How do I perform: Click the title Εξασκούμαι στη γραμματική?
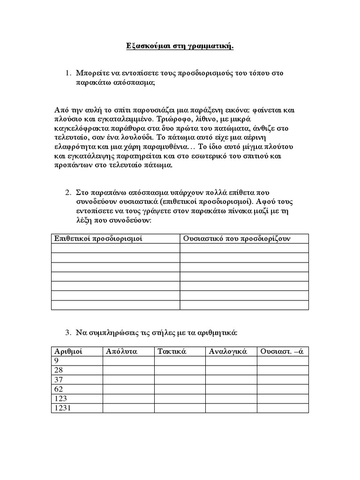click(x=180, y=46)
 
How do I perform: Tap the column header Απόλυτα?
click(x=121, y=351)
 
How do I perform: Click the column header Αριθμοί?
click(x=68, y=351)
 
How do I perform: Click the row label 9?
click(x=57, y=360)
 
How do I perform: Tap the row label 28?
click(x=59, y=370)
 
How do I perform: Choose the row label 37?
click(x=59, y=380)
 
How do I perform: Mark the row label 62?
click(x=59, y=389)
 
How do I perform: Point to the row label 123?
click(x=60, y=398)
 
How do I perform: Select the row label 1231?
click(x=62, y=408)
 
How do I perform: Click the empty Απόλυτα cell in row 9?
click(x=128, y=360)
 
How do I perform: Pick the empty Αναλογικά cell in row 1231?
click(x=231, y=408)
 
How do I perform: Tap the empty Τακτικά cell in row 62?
click(x=180, y=389)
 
